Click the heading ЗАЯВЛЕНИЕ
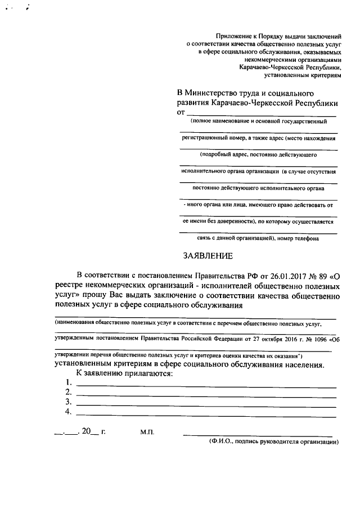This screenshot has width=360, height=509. click(x=208, y=256)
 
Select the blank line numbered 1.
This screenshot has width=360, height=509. click(x=206, y=386)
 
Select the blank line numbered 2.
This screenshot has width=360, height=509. click(x=206, y=396)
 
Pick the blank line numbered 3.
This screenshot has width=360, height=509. click(x=206, y=406)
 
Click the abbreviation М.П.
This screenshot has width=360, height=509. click(x=147, y=432)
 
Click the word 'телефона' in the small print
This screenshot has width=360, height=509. click(x=306, y=238)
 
